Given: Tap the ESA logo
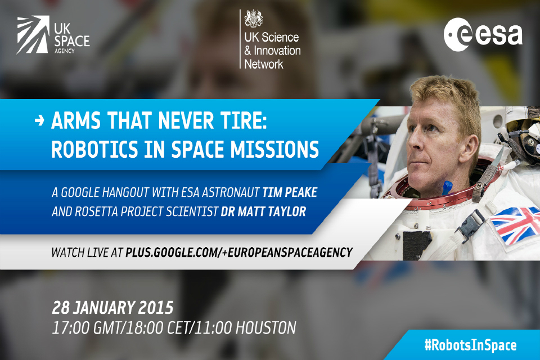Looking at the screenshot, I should coord(482,34).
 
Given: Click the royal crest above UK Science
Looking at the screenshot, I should coord(253,19).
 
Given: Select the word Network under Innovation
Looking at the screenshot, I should coord(264,64).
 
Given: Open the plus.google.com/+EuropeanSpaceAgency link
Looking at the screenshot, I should coord(238,252).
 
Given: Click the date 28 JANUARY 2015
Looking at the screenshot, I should coord(112,308).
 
